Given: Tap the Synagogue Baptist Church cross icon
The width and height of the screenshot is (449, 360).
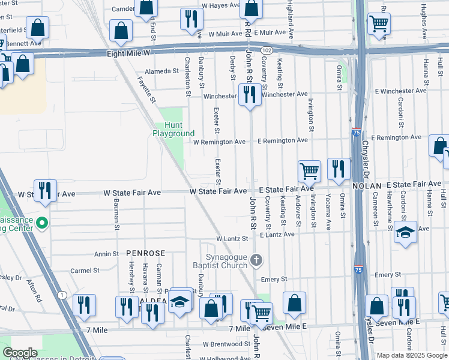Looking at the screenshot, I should point(256,260).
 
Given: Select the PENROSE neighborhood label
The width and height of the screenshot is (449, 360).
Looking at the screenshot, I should point(145,254).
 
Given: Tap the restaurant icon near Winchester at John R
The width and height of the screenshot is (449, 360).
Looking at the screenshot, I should point(250,94).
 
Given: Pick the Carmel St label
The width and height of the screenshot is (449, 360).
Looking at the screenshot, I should point(84,271).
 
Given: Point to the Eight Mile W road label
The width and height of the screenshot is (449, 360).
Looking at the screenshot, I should point(128,53).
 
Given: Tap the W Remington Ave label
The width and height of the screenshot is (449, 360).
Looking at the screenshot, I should point(219,142).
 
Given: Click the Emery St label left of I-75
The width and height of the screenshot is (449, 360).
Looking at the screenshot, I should point(274,280).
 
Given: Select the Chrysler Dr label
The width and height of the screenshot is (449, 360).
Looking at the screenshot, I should point(365,158).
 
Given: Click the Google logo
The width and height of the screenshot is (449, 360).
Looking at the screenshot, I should point(20,353).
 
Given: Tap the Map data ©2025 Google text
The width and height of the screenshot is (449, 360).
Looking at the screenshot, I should point(412,355).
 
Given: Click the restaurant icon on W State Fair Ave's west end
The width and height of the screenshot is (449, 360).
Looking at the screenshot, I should point(45,190).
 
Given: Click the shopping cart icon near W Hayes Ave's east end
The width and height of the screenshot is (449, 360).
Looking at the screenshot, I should point(379,23).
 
